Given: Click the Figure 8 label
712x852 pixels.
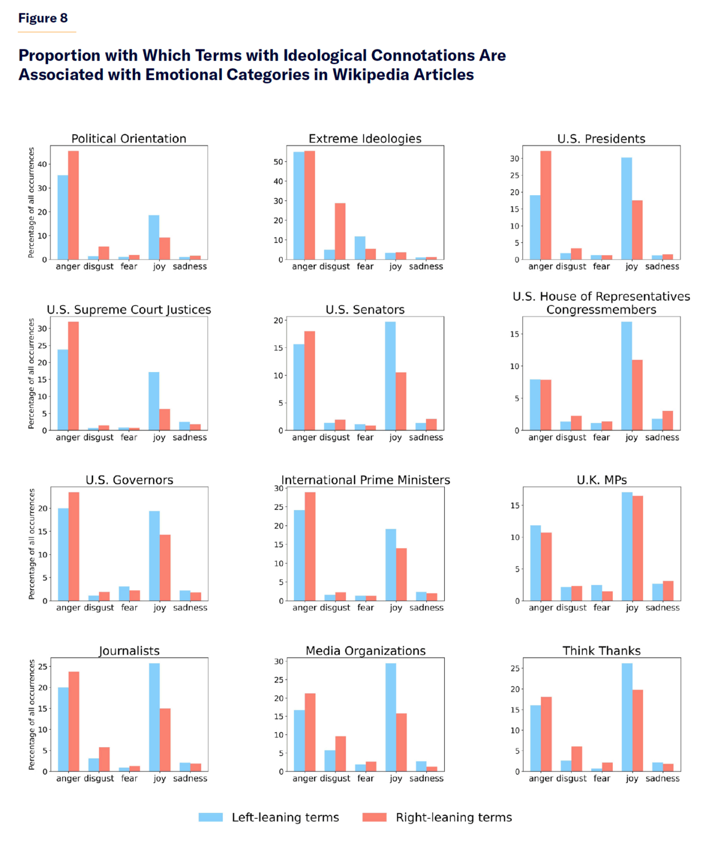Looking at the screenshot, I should pos(43,18).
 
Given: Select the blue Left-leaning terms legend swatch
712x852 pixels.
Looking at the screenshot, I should pos(211,817).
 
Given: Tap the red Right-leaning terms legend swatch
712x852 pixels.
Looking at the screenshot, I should pos(374,817).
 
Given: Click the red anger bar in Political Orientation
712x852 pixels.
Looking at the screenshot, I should pos(73,205).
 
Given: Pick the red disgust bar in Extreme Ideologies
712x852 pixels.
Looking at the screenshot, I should pos(340,231).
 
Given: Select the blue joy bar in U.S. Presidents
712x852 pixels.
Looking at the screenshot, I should pos(627,209).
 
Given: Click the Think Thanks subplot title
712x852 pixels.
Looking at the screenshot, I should pos(602,651).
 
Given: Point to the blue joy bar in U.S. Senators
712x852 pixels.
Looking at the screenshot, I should pos(390,376).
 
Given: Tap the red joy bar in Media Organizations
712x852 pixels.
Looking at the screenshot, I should pos(401,742).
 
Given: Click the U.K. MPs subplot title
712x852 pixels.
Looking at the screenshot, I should pos(602,480).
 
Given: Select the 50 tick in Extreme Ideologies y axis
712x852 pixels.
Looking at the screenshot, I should pos(279,162).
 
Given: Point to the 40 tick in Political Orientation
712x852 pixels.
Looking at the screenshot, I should pos(43,164).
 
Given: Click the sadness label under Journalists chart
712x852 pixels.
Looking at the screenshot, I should pos(190,778).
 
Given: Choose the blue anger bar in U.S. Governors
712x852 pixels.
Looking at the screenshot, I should pos(63,554).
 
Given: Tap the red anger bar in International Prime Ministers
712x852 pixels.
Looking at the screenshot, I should pos(310,546).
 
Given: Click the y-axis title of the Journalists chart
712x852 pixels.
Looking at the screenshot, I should pos(32,714).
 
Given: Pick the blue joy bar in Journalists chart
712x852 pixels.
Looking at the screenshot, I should pos(154,717).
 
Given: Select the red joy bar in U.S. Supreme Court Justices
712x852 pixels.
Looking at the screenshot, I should pos(165,420).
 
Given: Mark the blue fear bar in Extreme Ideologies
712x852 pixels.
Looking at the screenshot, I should pos(360,248).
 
